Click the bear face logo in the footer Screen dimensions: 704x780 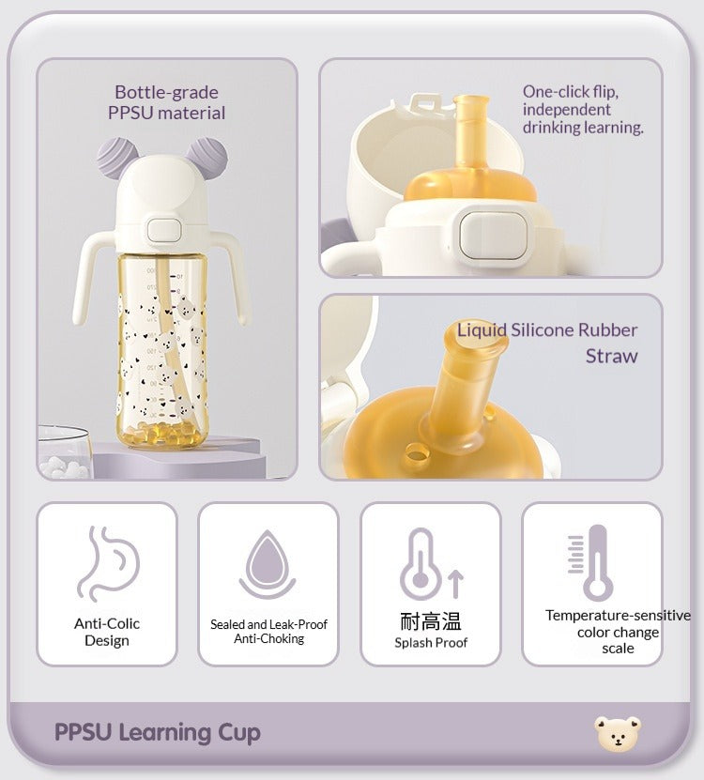618,734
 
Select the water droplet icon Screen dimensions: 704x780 268,564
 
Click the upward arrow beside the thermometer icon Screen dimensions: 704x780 456,584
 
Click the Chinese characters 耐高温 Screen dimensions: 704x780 431,621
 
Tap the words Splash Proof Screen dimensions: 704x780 431,643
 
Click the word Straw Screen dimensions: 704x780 611,356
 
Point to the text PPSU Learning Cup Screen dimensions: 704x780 157,732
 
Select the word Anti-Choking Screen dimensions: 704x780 268,638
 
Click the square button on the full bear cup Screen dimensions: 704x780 163,230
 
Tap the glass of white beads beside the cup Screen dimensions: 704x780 66,452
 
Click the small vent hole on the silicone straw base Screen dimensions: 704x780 416,451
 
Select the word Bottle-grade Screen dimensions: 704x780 167,93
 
